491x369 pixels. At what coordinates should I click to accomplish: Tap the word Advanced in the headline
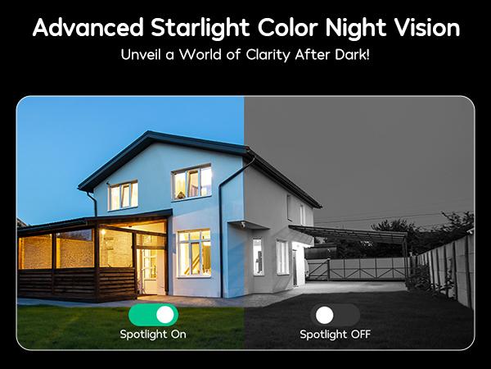(x=80, y=29)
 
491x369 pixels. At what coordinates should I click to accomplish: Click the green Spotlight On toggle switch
(x=153, y=314)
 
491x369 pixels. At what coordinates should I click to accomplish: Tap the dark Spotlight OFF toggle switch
(x=334, y=314)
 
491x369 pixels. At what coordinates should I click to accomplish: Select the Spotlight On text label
(x=153, y=335)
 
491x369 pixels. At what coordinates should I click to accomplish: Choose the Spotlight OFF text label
(x=334, y=335)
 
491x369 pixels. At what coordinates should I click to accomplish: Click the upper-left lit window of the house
(x=123, y=195)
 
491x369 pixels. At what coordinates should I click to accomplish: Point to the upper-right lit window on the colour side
(x=192, y=182)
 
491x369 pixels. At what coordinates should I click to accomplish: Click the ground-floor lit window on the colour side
(x=194, y=252)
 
